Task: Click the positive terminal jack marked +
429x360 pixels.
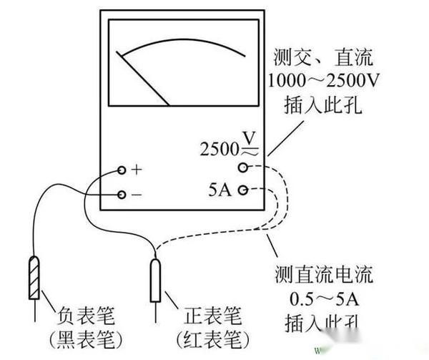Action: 122,170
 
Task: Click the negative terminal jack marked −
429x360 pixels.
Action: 122,194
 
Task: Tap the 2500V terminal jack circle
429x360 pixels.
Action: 243,167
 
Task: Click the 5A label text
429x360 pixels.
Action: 220,191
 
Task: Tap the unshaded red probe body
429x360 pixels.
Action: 154,280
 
